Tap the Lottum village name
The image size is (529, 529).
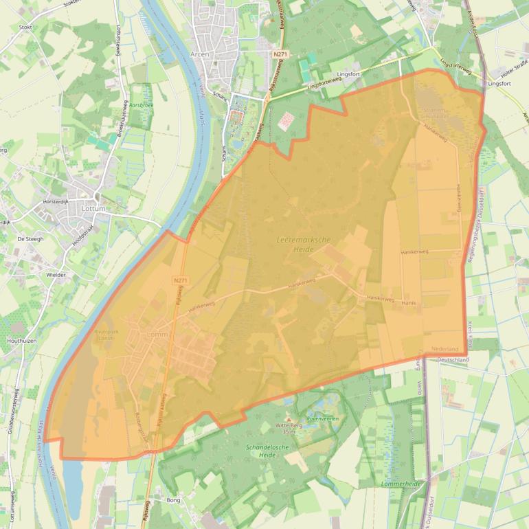tap(93, 208)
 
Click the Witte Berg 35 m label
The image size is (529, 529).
tap(289, 429)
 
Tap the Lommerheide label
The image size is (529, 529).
tap(400, 484)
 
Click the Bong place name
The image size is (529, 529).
tap(173, 500)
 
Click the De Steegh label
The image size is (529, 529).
tap(30, 238)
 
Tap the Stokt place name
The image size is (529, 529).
tap(26, 27)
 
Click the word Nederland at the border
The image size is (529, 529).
tap(444, 350)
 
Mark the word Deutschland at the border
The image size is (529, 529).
tap(453, 359)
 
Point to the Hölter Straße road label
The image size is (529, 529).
tap(513, 71)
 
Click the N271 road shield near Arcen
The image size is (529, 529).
tap(279, 54)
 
